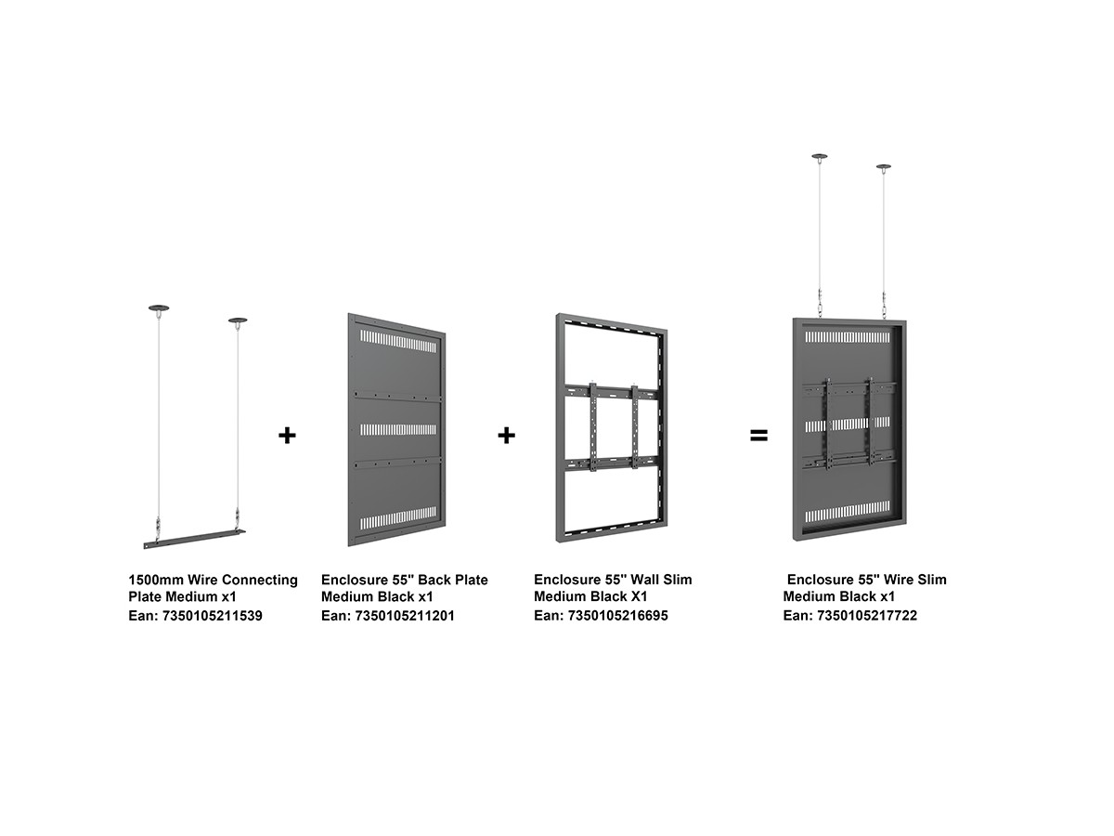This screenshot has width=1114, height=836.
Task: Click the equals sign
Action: click(x=758, y=435)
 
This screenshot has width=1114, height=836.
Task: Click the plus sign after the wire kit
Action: click(x=287, y=436)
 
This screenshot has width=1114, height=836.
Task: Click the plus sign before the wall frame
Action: click(x=507, y=436)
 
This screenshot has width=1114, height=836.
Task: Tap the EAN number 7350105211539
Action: click(x=213, y=616)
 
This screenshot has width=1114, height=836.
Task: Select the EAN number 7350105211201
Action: click(x=405, y=616)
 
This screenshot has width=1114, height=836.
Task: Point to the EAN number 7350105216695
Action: click(x=617, y=616)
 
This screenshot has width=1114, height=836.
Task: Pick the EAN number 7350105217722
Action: click(x=867, y=616)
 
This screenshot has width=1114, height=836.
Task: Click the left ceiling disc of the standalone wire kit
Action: click(x=159, y=308)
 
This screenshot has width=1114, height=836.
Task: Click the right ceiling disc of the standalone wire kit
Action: click(x=238, y=320)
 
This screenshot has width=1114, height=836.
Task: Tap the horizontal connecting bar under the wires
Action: click(x=194, y=539)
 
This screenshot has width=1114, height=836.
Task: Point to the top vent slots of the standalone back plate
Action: click(x=398, y=341)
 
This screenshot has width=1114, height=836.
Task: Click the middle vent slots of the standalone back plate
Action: click(x=398, y=429)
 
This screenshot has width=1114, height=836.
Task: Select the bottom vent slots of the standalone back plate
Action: click(x=398, y=517)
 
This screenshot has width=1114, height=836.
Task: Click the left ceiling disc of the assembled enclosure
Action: click(x=819, y=156)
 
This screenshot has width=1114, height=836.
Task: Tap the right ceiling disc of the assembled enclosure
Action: click(x=884, y=166)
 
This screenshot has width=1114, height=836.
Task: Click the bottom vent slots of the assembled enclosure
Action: click(x=847, y=512)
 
